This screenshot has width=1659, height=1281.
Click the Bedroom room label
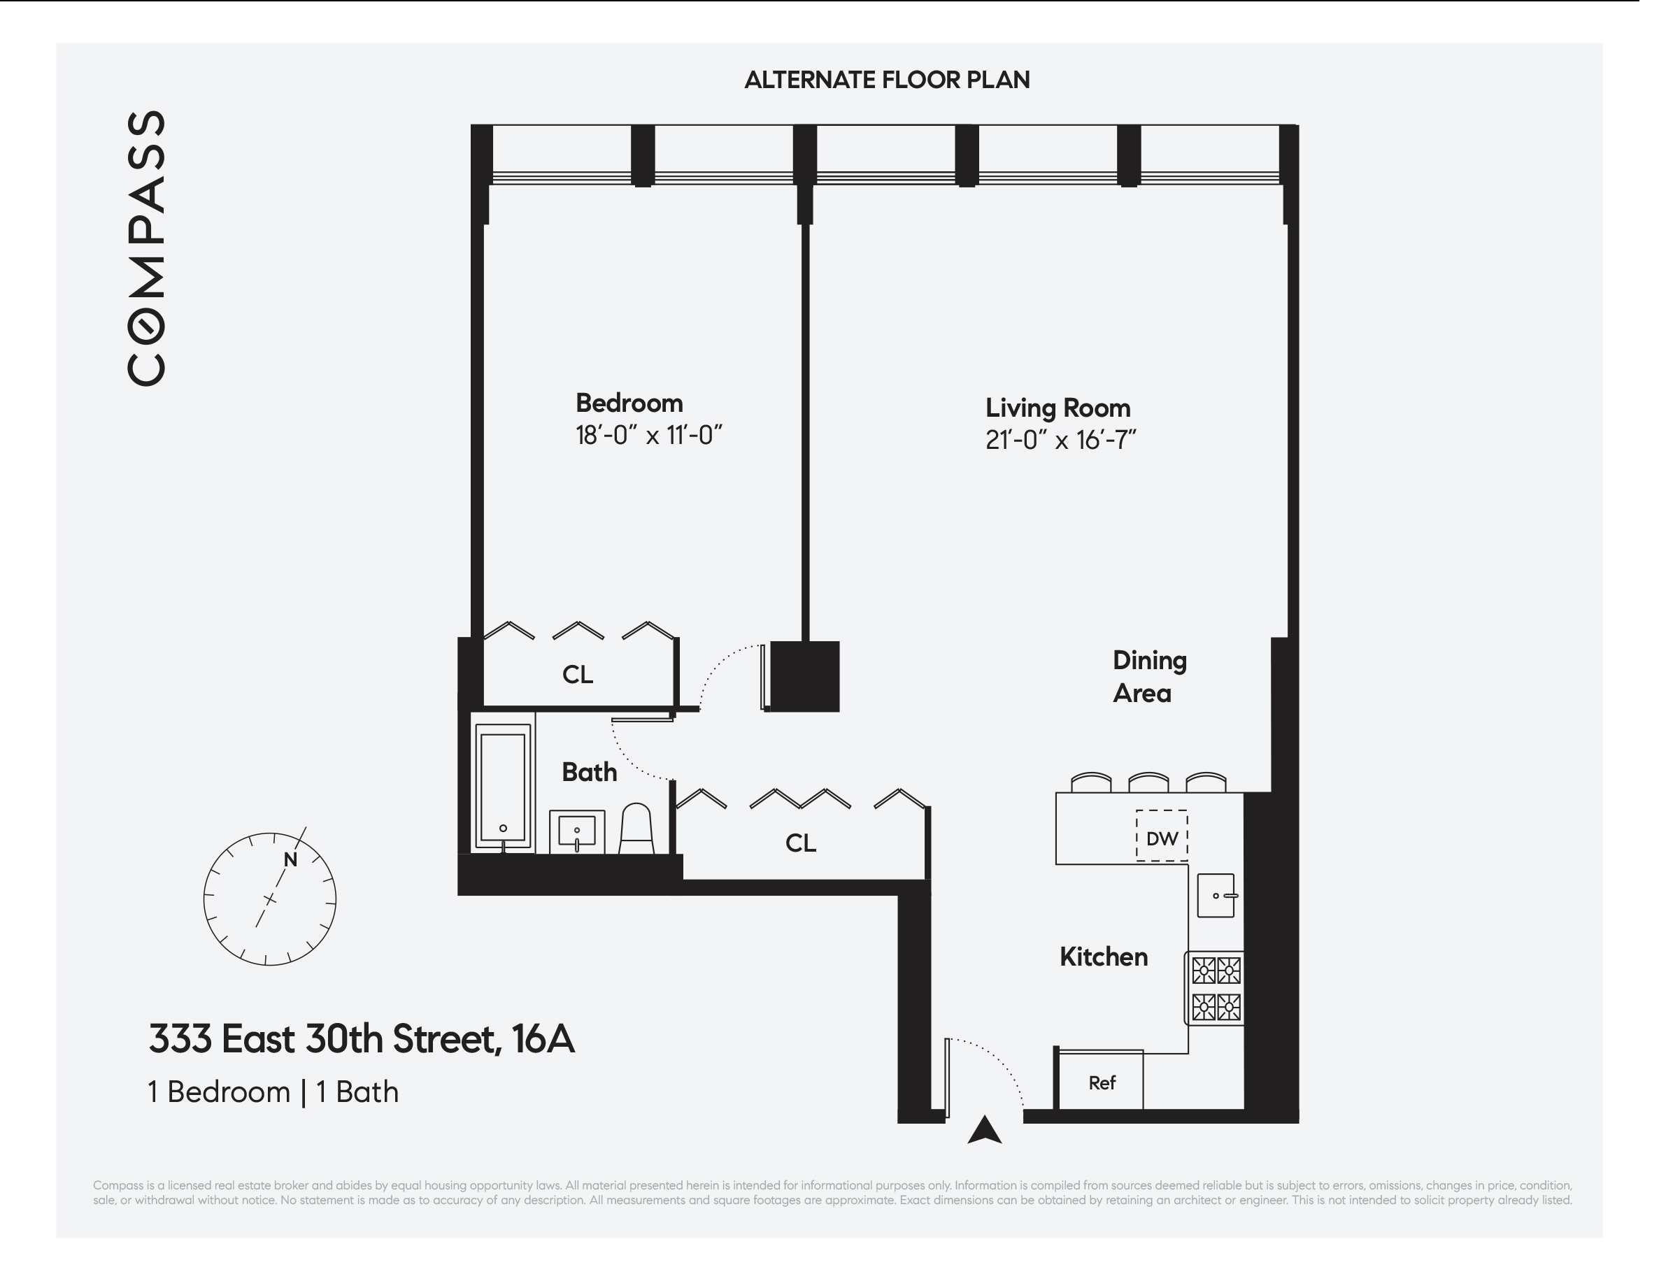[x=629, y=403]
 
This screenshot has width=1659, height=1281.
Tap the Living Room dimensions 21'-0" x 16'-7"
[x=1060, y=441]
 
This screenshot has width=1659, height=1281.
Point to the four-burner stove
[x=1216, y=989]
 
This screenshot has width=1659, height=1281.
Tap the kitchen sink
[x=1216, y=896]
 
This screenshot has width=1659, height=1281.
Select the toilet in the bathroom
[x=636, y=829]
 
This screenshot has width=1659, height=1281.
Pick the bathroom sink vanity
[x=577, y=831]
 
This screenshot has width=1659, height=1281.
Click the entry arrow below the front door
[x=985, y=1131]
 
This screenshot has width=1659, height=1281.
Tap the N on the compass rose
[x=290, y=859]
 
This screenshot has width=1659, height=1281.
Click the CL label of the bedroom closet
[x=577, y=674]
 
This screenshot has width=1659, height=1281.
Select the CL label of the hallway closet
[x=801, y=843]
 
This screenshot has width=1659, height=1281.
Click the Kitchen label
[x=1103, y=957]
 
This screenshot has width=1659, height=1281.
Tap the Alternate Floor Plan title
[x=886, y=80]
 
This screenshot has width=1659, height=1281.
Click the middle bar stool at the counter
[x=1148, y=783]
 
